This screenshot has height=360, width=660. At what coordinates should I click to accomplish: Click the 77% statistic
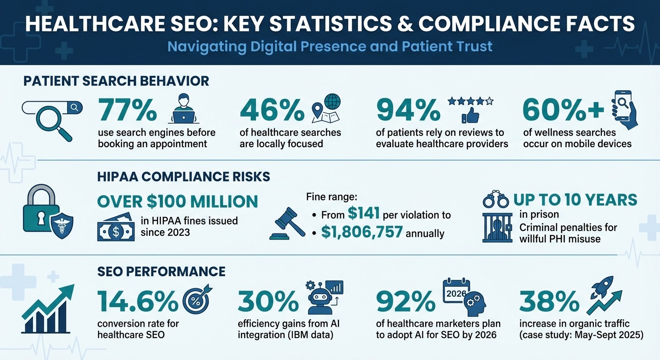(127, 111)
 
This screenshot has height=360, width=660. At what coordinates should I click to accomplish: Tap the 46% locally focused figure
(272, 111)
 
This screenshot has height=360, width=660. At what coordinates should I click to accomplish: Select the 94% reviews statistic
(408, 111)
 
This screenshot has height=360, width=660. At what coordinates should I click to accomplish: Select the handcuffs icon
(496, 200)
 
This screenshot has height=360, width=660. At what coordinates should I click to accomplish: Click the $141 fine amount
(364, 214)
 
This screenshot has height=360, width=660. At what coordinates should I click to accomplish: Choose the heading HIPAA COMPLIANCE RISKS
(183, 176)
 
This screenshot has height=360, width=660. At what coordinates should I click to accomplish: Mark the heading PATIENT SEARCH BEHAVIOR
(116, 81)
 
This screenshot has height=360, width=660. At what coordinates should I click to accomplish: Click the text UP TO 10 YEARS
(575, 200)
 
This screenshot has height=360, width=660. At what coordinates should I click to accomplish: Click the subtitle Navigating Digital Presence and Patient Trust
(330, 46)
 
